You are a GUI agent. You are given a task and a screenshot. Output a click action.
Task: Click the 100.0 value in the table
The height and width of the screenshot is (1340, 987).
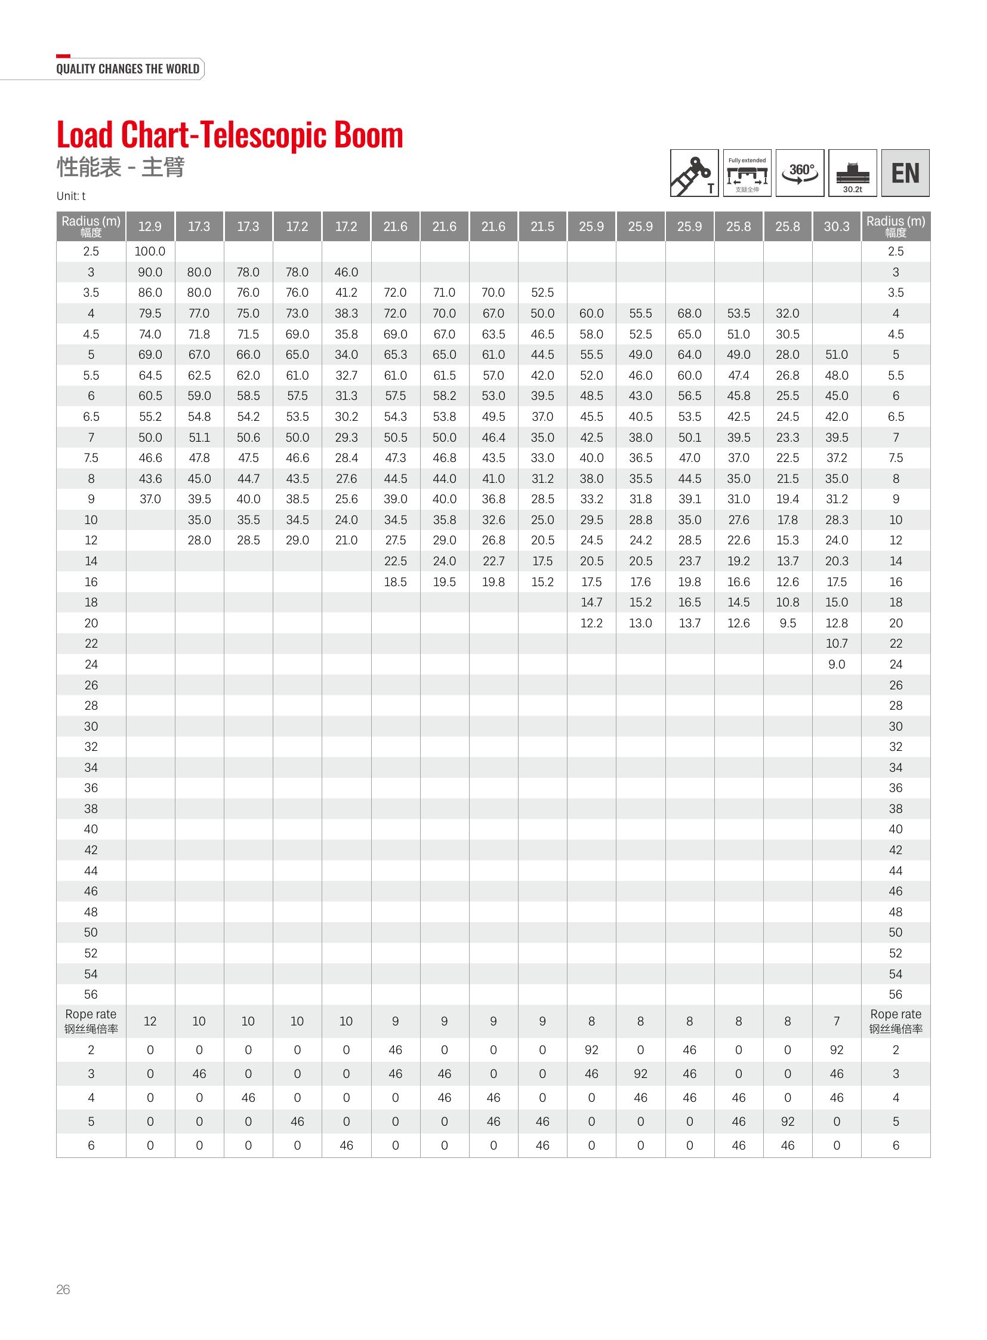150,252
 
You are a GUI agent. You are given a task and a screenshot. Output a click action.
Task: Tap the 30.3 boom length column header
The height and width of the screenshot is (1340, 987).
837,227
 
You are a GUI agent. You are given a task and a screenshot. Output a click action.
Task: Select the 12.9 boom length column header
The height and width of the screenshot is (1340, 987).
150,227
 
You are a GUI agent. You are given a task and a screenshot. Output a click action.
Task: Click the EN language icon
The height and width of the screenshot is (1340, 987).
905,173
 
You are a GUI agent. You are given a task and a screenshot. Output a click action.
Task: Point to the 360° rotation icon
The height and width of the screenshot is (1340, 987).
800,173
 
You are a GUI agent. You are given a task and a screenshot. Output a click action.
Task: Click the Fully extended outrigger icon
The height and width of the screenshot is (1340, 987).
747,173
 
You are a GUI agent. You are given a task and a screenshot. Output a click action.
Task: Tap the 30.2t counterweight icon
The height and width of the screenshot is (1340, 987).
853,173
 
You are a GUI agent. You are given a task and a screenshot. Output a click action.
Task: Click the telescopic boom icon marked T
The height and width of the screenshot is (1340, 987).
694,173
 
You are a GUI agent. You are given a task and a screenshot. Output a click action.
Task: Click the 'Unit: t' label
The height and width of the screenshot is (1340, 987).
71,196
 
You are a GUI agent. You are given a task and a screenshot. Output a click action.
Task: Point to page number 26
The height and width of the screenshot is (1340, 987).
63,1289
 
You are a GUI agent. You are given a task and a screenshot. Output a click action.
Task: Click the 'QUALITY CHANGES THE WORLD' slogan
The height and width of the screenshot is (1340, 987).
128,69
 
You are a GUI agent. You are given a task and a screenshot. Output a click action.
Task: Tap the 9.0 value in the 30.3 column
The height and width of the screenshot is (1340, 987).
837,664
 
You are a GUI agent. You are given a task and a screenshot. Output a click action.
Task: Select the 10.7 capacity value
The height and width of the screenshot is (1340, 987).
837,643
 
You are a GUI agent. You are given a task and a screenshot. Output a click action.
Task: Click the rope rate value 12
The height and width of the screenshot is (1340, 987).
150,1021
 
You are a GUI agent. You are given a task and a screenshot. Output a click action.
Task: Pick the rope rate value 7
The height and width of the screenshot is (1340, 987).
837,1021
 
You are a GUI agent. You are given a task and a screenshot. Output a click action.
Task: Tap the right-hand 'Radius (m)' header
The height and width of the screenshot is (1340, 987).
895,226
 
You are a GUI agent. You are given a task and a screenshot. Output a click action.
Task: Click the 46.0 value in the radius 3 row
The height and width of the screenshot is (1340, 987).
346,273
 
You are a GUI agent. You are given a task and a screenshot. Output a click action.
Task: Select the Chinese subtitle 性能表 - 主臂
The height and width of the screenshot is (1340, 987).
121,167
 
